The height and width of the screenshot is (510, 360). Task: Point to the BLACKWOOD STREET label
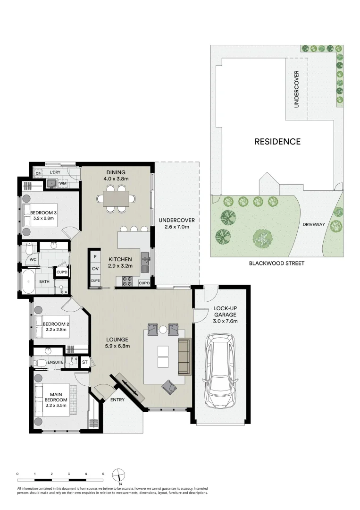[276, 263]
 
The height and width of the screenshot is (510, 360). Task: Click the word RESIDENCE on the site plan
[277, 141]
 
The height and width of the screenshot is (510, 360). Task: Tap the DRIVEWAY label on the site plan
[313, 224]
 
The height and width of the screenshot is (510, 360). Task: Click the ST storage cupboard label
[85, 362]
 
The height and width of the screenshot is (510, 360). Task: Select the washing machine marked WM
[63, 183]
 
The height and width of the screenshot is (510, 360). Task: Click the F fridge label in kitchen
[95, 256]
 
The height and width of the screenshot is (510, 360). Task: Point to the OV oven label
[95, 268]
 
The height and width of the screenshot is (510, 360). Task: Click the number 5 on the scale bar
[103, 473]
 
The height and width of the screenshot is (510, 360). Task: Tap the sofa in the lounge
[184, 357]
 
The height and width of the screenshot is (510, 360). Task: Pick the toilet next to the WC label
[29, 249]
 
